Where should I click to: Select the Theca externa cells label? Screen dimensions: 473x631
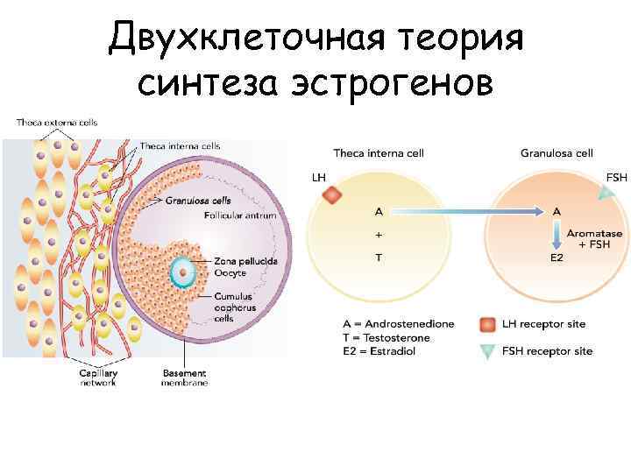tap(57, 122)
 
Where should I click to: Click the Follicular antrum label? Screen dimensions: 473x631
tap(240, 215)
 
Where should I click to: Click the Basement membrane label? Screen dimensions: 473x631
tap(184, 378)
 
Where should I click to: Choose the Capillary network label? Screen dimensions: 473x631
tap(99, 378)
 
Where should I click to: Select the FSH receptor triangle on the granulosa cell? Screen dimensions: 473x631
tap(604, 196)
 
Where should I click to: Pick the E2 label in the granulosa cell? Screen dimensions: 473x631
tap(557, 258)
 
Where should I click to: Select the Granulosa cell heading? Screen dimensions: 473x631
tap(557, 153)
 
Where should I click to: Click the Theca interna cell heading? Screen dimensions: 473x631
tap(379, 153)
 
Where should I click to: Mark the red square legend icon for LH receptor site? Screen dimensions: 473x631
tap(487, 324)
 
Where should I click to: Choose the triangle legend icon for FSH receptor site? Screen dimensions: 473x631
tap(487, 351)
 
